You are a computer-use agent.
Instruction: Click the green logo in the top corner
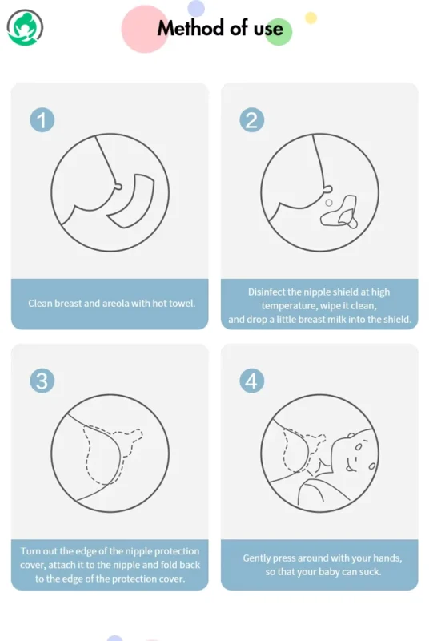25,27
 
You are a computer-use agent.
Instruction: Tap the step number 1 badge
42,120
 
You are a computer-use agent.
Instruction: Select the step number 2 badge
251,120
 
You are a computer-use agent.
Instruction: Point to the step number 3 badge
42,381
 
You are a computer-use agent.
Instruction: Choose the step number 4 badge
251,381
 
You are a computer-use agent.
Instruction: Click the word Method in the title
191,28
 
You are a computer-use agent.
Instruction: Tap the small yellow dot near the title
311,18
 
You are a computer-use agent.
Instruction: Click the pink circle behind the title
144,30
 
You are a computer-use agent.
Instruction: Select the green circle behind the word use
278,32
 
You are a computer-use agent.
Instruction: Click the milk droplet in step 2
329,203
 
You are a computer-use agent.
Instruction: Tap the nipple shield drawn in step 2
339,212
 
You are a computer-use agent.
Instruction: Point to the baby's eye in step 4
358,447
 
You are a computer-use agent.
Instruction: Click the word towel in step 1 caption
181,304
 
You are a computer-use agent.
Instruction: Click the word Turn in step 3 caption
30,551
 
